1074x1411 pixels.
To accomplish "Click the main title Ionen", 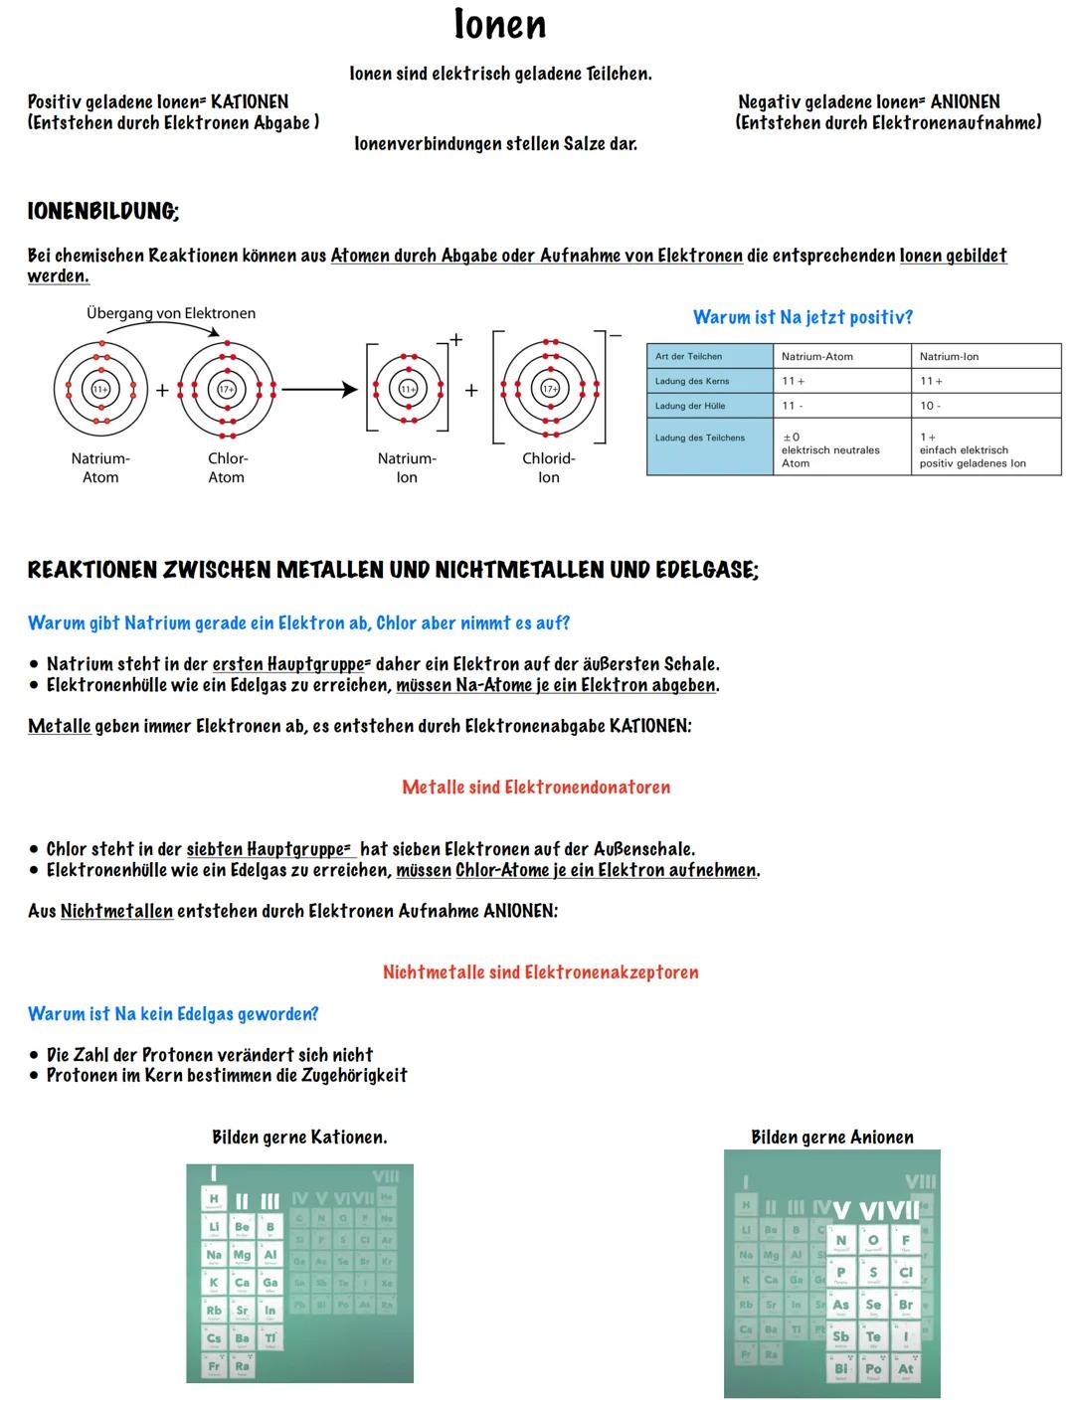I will [x=499, y=25].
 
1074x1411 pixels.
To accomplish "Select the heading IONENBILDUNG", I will [x=103, y=211].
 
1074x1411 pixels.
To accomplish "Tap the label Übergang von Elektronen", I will [x=170, y=313].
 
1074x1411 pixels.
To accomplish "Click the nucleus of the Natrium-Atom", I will [x=100, y=390].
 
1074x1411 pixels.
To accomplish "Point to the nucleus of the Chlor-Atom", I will [x=227, y=390].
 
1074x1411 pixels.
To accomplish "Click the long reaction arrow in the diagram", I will [x=318, y=390].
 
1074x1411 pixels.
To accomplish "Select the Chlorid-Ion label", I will [x=548, y=467].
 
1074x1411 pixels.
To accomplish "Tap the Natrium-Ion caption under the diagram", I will [x=407, y=467].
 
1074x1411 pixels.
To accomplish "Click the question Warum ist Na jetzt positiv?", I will [x=803, y=317].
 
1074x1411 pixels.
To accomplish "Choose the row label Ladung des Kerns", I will [x=692, y=381].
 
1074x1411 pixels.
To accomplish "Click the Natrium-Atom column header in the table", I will [x=816, y=356].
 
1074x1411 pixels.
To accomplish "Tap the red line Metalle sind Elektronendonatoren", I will [x=536, y=788].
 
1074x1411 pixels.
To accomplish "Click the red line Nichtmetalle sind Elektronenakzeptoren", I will [x=540, y=972].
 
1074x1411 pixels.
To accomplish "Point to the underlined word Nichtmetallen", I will [x=116, y=912].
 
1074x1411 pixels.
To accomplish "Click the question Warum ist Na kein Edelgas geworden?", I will [x=173, y=1014].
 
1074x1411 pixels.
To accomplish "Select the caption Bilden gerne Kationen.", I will [x=299, y=1138].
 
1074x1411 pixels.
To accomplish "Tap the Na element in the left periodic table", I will [x=214, y=1256].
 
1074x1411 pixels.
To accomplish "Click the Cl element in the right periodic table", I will [x=905, y=1274].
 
